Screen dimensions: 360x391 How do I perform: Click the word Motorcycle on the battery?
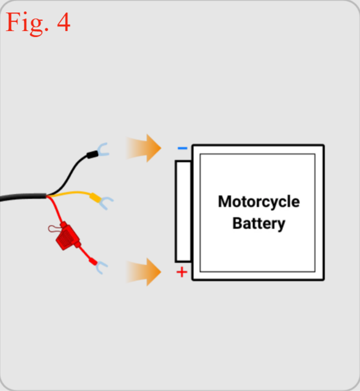[259, 201]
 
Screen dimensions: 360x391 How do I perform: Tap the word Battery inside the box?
[259, 223]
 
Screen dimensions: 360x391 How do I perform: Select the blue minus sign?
[182, 148]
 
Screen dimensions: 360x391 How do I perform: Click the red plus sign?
[182, 272]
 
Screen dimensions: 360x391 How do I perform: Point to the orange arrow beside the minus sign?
[144, 148]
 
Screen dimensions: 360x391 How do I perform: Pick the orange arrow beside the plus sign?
[144, 272]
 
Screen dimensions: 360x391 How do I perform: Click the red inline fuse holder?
[67, 236]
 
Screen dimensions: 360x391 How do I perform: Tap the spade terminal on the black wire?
[103, 150]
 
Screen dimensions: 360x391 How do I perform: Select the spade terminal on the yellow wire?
[106, 203]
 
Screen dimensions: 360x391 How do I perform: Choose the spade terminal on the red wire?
[101, 267]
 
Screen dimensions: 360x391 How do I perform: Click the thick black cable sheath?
[23, 197]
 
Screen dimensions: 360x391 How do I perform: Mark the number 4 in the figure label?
[64, 22]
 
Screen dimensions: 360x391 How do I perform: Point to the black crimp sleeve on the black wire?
[92, 154]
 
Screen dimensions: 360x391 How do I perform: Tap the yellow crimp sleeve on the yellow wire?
[95, 198]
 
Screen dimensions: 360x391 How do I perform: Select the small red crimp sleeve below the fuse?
[93, 261]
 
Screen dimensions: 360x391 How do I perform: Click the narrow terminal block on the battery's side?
[184, 211]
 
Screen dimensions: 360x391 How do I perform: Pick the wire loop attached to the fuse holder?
[54, 228]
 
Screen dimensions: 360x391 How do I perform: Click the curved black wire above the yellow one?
[69, 174]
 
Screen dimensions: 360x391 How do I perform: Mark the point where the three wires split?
[47, 196]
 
